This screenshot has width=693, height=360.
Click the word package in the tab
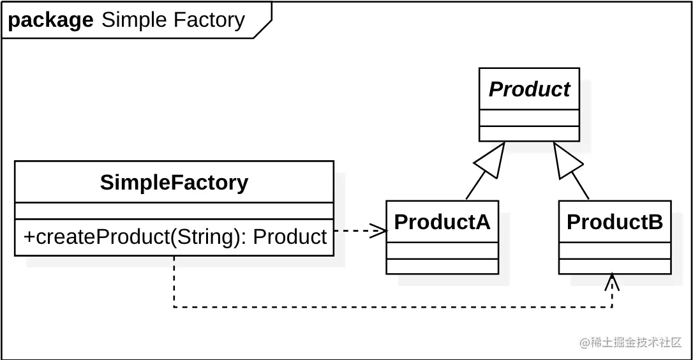click(50, 20)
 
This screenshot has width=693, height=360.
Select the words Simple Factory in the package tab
click(174, 20)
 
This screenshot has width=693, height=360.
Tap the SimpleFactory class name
click(174, 182)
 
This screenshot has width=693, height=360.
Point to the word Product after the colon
click(290, 237)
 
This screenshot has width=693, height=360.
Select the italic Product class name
click(530, 89)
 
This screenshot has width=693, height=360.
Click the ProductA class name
click(442, 221)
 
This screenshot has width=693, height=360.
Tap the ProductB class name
click(615, 221)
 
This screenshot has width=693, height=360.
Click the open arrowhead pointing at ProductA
click(378, 230)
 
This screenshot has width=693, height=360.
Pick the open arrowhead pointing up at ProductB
click(612, 281)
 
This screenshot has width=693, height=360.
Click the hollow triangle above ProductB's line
click(567, 160)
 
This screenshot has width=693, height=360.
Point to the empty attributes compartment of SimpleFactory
click(174, 211)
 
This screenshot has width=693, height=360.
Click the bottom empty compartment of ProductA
click(442, 267)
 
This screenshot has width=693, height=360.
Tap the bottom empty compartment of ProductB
click(615, 267)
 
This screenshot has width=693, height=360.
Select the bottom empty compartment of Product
click(530, 133)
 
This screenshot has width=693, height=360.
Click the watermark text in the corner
click(630, 342)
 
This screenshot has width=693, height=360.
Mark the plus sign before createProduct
click(29, 237)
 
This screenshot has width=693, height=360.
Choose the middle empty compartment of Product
click(530, 117)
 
